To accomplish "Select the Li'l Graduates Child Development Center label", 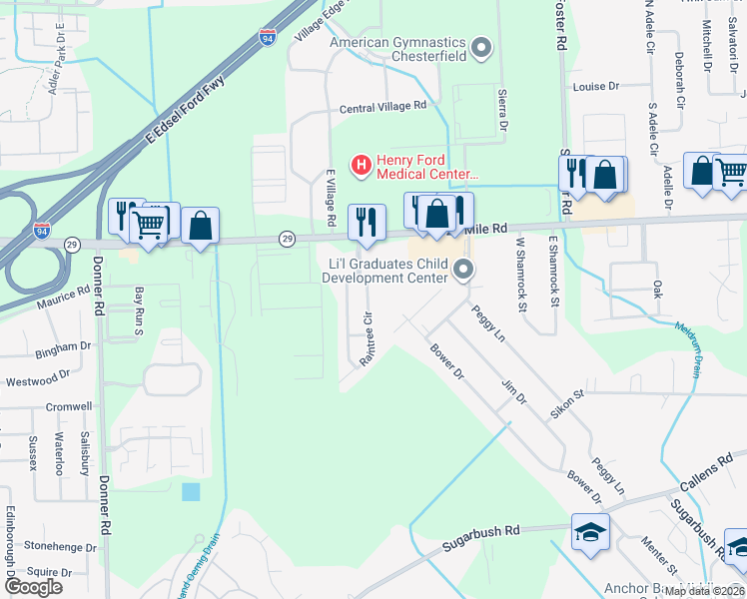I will (384, 270).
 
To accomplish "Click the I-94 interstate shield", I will (268, 37).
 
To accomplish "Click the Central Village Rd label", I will (382, 106).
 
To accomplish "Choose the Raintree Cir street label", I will (367, 340).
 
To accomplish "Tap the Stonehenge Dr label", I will (58, 546).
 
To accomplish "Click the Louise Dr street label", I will (598, 87).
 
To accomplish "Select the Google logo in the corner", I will (33, 586).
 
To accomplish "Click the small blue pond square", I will (191, 491).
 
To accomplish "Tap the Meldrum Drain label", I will (689, 344).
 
